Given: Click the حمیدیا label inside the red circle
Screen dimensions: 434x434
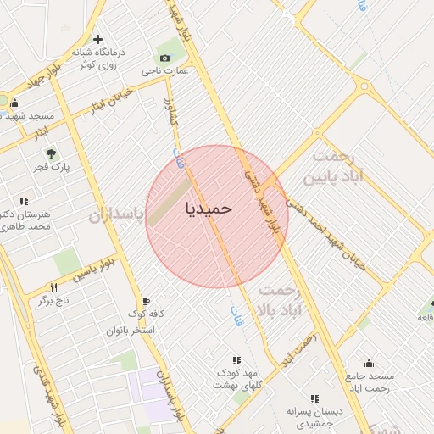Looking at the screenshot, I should [x=208, y=206].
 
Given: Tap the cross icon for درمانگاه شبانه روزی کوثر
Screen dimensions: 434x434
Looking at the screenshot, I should [x=98, y=39].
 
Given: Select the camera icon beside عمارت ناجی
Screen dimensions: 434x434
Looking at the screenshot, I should [x=164, y=58].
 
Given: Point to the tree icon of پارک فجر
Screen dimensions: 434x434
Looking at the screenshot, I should [x=52, y=154].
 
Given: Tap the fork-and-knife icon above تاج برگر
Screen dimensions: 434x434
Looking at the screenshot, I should [x=54, y=288].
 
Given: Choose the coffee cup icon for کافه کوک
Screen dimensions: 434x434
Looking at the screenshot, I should [x=146, y=302].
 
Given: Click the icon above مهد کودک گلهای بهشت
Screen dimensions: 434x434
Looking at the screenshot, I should [x=236, y=360].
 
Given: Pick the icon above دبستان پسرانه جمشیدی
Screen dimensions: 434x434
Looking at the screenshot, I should [x=314, y=398].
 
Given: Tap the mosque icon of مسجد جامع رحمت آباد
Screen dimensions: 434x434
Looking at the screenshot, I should [x=368, y=363].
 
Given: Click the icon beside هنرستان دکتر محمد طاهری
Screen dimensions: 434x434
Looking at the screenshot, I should [x=23, y=201].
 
